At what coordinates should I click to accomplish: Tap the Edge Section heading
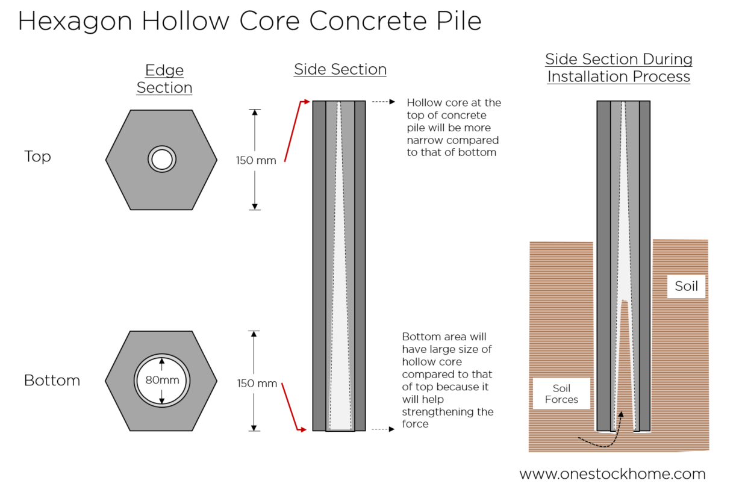[x=164, y=79]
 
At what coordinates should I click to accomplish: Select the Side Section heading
[x=340, y=69]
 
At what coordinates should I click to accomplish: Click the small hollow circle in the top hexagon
[x=161, y=160]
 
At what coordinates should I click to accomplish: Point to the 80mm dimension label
[x=162, y=380]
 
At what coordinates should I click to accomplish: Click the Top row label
[x=37, y=157]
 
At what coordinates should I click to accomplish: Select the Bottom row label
[x=52, y=381]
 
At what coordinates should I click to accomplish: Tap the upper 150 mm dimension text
[x=256, y=160]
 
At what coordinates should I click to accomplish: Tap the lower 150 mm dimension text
[x=257, y=384]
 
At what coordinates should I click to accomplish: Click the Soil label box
[x=686, y=286]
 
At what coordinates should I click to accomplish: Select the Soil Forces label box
[x=561, y=394]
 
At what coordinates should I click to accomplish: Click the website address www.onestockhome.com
[x=613, y=474]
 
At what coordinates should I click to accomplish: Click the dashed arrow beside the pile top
[x=383, y=102]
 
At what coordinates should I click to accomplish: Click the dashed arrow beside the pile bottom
[x=383, y=429]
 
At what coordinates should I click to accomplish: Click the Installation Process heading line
[x=619, y=77]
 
